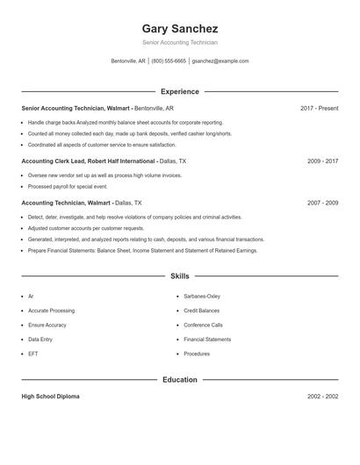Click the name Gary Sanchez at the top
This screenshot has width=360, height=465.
[x=179, y=28]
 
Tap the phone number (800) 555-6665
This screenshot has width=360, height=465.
[x=169, y=61]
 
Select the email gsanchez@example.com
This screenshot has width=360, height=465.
[x=220, y=61]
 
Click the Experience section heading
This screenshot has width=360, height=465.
[x=179, y=91]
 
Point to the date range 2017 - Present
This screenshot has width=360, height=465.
[x=319, y=108]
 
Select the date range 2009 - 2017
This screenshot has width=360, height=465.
[x=322, y=161]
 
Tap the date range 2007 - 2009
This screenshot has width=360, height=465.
[x=322, y=203]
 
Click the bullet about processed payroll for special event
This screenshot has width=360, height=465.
[x=68, y=187]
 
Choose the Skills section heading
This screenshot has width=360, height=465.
[x=179, y=275]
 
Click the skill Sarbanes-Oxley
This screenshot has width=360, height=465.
[x=202, y=297]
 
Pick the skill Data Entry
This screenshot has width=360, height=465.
[x=40, y=340]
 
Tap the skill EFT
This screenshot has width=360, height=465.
[x=32, y=354]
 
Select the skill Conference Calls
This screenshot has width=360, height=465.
[x=203, y=325]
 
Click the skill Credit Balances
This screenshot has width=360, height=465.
[x=201, y=311]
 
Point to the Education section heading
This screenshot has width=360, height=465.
[x=179, y=380]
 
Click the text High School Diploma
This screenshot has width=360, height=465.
[x=50, y=397]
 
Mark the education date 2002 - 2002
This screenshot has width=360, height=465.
[x=322, y=397]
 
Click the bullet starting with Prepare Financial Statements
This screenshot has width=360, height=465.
[x=142, y=250]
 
